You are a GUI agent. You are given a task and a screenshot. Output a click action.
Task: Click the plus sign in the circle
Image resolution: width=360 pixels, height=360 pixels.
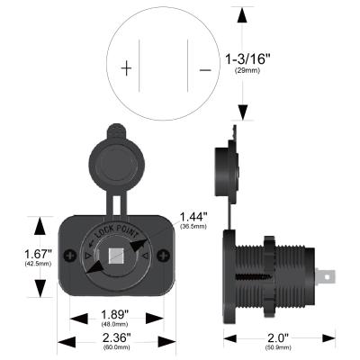click(127, 67)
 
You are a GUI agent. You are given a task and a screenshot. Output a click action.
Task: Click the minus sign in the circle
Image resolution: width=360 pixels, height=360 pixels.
click(206, 68)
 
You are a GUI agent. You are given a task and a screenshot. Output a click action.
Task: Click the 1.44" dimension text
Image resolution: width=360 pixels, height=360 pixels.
click(193, 217)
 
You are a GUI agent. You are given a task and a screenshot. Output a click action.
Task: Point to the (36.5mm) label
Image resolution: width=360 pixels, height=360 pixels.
click(193, 228)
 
